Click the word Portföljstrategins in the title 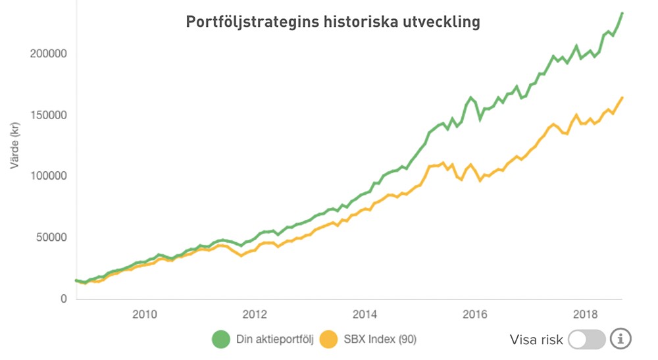247,22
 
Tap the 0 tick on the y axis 63,299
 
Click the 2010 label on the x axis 144,313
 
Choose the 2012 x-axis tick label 255,313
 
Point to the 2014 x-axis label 365,313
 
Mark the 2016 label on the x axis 476,313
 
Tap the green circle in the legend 220,339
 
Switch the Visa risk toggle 586,340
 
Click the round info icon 620,339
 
